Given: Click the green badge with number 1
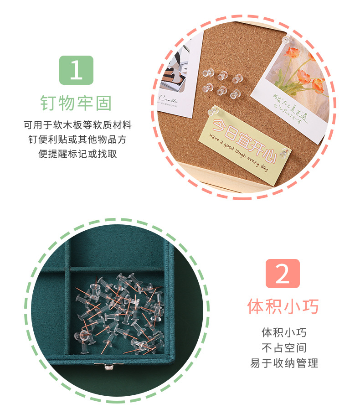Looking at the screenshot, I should point(76,70).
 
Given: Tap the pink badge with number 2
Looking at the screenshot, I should point(283,274).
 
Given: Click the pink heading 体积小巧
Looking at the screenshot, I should point(283,306).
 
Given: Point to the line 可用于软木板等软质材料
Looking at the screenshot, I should point(77,125).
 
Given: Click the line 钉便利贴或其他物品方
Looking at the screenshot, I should point(77,139).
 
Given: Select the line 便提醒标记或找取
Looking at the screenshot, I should point(77,154).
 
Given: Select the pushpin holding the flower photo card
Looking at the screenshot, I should point(287,41).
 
